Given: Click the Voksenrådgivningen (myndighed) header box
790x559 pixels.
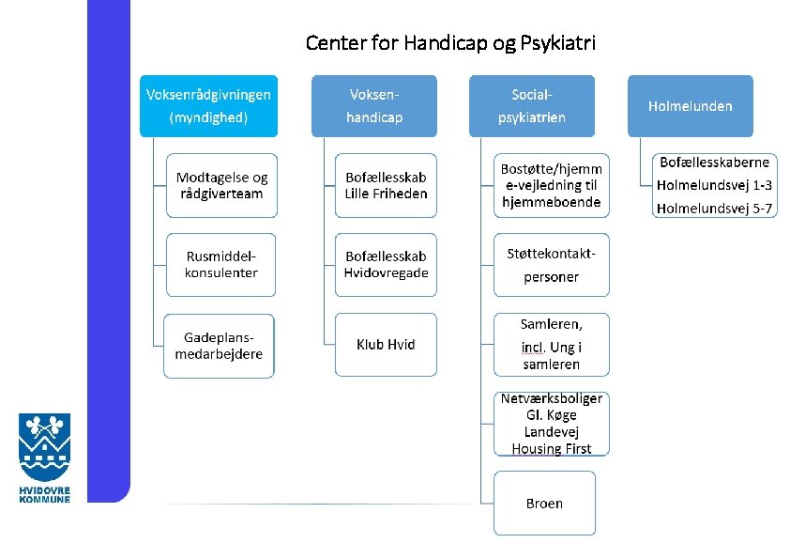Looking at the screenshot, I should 208,105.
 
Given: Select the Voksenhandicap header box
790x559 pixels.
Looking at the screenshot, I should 373,105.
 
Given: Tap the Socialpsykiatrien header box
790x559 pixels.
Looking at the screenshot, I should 531,105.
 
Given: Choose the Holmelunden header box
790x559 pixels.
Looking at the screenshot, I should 690,105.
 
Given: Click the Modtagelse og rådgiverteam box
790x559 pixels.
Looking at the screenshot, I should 221,185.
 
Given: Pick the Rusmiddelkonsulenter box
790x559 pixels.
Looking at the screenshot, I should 221,264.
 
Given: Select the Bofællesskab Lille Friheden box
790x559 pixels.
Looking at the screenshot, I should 386,185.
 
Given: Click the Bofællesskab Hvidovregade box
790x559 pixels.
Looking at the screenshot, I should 386,264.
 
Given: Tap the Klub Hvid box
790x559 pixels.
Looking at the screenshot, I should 386,345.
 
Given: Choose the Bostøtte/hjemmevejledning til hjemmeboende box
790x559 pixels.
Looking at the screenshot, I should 551,185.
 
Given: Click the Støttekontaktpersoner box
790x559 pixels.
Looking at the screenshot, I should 551,264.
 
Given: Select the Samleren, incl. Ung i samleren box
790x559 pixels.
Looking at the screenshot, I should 551,344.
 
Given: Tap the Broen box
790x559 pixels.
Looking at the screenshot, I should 544,504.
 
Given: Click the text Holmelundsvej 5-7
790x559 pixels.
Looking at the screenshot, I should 714,208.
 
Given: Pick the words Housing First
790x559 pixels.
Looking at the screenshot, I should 551,449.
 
